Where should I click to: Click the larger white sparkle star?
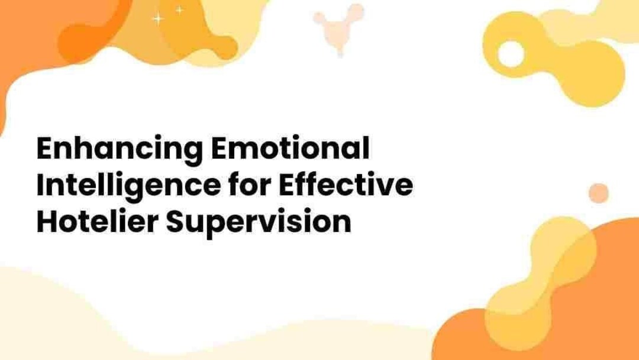(x=157, y=19)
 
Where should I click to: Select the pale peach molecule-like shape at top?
(x=339, y=25)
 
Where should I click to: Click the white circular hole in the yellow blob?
(x=511, y=54)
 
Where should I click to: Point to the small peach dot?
(x=599, y=192)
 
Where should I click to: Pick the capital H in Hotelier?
(x=46, y=223)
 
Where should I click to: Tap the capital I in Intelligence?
(x=40, y=186)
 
